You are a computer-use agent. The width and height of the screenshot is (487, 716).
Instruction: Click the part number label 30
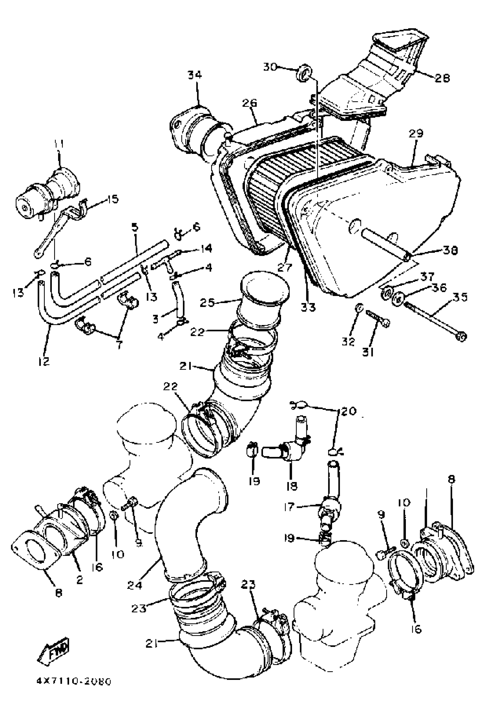(x=270, y=66)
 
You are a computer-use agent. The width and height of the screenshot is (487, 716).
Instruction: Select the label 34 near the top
(x=195, y=75)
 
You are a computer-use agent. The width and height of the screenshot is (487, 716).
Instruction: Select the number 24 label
(x=135, y=585)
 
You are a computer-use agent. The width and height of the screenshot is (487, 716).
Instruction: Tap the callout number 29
(x=416, y=134)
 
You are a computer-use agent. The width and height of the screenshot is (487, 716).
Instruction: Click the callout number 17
(x=289, y=507)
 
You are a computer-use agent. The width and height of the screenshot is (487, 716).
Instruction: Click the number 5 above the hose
(x=135, y=228)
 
